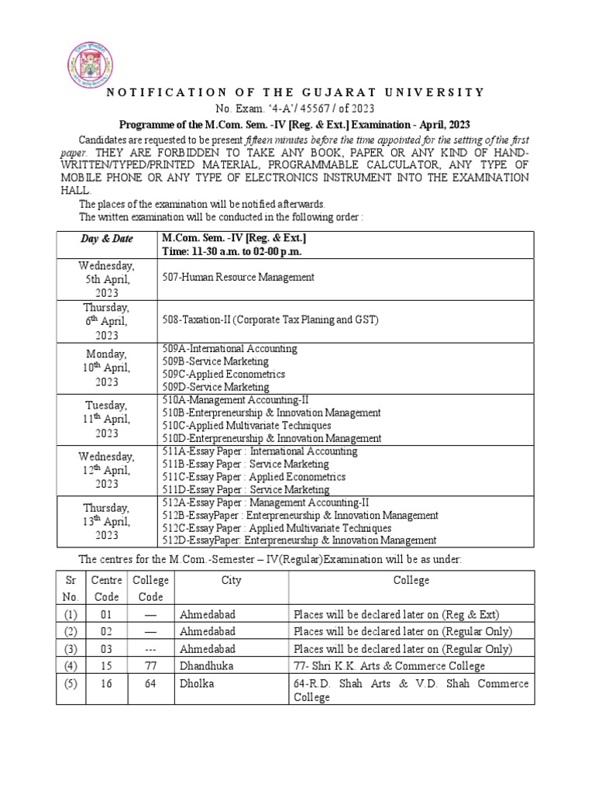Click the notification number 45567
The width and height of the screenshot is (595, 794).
335,108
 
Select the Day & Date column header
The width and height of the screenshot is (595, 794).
107,239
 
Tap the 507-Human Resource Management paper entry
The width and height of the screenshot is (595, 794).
237,277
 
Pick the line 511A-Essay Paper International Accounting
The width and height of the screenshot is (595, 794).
260,451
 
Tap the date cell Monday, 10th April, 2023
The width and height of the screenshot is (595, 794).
107,368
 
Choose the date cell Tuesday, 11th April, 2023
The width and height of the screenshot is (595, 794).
107,419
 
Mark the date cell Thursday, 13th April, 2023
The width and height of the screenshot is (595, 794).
107,521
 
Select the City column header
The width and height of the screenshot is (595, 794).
231,580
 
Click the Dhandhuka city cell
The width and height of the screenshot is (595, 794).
206,666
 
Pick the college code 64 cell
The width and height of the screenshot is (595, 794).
150,683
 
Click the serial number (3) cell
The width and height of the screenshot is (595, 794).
71,648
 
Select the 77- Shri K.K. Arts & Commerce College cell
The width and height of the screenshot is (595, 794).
389,666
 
